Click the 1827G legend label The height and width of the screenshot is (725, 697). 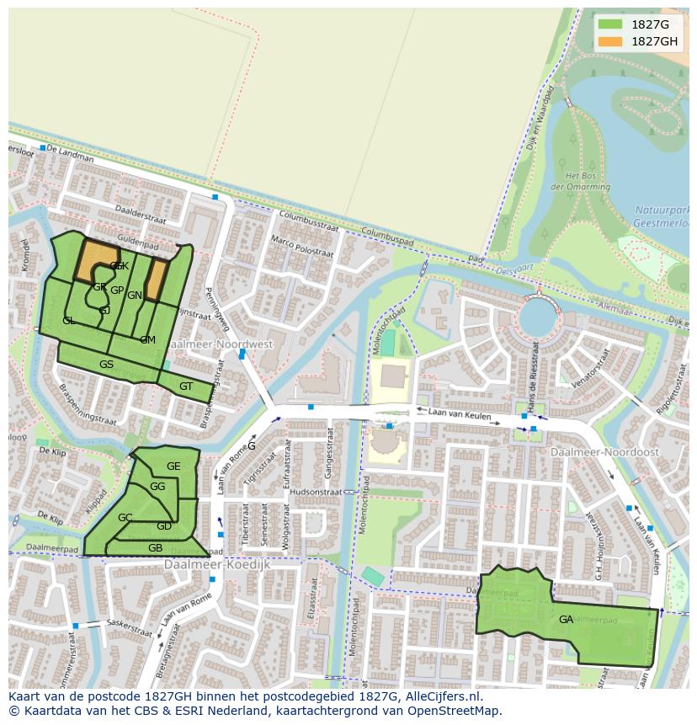point(650,24)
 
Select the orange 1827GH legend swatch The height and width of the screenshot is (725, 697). point(610,41)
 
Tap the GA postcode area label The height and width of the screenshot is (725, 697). point(566,620)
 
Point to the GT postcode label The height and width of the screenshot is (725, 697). point(186,386)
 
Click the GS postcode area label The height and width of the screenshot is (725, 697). point(106,365)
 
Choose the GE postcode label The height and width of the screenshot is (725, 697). point(173,466)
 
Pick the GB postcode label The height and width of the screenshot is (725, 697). point(155,548)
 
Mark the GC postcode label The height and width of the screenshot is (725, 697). point(125,517)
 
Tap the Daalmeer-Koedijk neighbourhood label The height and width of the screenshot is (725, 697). point(217,564)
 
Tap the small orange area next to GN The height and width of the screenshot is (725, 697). point(155,279)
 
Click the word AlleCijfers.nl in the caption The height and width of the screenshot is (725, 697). point(441,696)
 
